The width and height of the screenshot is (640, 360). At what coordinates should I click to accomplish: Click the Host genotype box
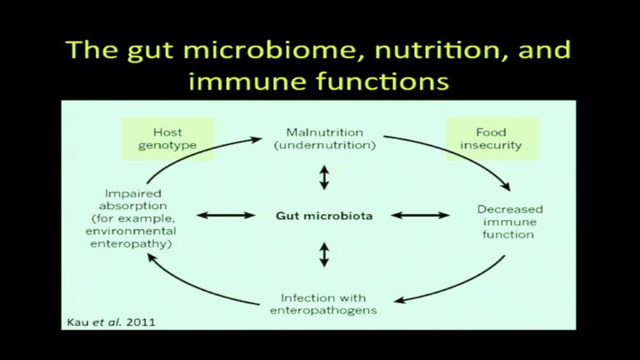(167, 139)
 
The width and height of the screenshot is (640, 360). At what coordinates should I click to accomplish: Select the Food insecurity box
(493, 139)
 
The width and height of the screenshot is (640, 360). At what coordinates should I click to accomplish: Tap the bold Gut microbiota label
(324, 216)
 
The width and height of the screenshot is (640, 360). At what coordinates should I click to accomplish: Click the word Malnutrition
(324, 132)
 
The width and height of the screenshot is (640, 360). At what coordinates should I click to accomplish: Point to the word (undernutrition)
(324, 145)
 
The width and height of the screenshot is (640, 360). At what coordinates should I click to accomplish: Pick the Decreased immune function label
(510, 222)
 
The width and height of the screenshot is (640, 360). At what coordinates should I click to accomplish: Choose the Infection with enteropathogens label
(323, 304)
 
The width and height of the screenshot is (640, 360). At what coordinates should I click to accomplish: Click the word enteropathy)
(131, 244)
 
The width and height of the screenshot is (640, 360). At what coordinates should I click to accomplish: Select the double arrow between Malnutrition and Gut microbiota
(324, 177)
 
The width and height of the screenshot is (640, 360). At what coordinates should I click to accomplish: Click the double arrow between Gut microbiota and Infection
(324, 255)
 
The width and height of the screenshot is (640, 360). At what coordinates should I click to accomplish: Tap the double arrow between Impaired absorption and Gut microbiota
(226, 215)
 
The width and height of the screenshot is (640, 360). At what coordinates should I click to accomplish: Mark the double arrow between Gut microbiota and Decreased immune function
(420, 215)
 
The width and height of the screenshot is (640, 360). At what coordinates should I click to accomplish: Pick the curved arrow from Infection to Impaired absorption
(196, 288)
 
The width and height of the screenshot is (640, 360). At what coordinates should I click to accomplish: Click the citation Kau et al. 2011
(111, 322)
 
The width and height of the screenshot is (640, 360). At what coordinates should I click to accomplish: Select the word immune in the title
(248, 81)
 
